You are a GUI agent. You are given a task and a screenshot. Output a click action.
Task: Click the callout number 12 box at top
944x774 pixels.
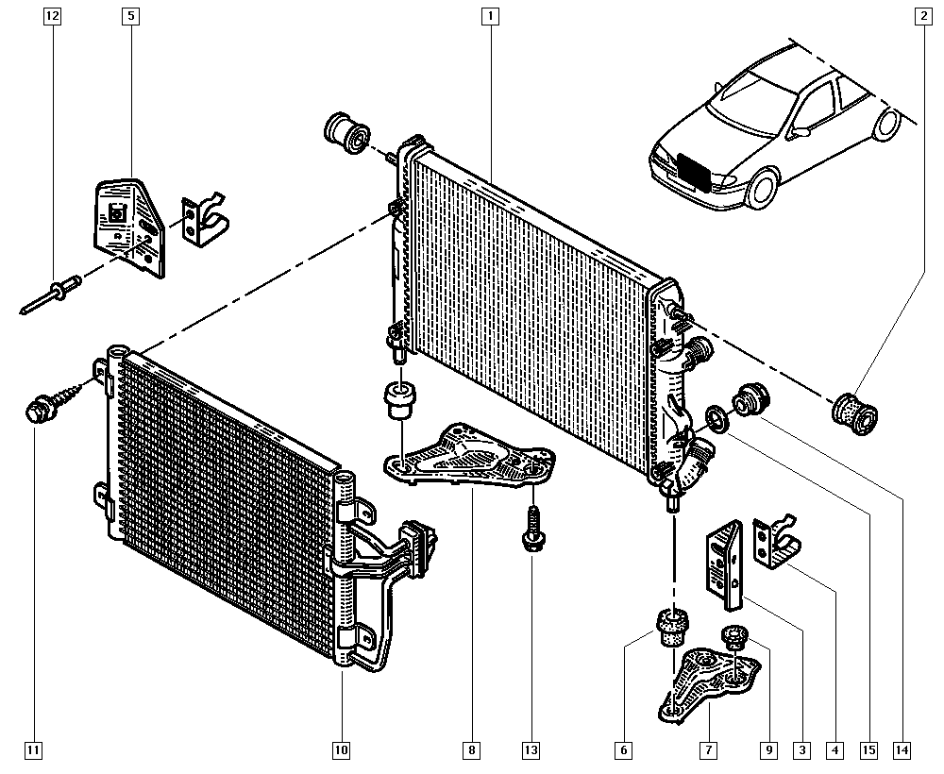52,16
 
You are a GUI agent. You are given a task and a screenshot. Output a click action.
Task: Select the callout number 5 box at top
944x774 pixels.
129,16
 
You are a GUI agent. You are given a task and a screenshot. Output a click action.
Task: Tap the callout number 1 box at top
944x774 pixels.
489,16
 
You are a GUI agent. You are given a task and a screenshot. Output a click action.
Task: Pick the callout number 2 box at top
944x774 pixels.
921,16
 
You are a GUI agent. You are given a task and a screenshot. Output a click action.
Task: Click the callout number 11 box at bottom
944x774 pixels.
34,750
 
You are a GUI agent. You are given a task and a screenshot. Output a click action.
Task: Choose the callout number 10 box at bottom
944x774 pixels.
341,750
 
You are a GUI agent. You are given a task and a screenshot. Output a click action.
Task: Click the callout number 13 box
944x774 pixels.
531,750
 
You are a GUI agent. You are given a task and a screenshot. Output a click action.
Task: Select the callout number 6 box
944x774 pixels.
623,750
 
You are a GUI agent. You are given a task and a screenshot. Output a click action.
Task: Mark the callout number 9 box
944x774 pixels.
769,750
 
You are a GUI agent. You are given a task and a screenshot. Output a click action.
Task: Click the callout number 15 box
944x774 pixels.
868,750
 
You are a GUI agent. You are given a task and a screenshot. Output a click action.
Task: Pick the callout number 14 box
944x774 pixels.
903,750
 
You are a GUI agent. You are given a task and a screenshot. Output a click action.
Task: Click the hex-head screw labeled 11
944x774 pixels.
40,411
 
